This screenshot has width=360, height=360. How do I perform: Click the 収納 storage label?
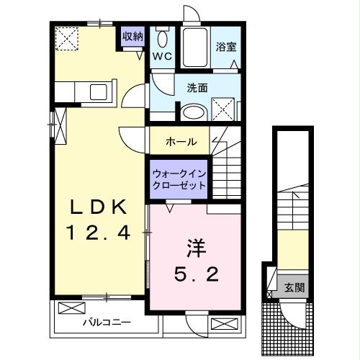(133, 35)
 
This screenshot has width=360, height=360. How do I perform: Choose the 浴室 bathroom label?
(225, 48)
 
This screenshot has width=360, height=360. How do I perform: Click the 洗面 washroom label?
(197, 88)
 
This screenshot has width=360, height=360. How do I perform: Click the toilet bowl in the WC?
(163, 39)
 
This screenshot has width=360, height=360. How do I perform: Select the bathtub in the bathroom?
(194, 48)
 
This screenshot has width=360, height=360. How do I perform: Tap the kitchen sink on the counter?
(97, 93)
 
